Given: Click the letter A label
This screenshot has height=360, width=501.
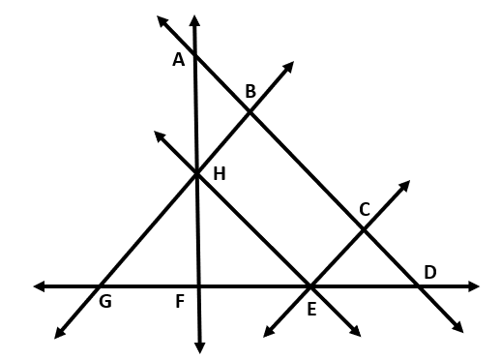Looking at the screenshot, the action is pos(179,60).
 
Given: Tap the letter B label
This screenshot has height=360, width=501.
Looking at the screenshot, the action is pos(250,91).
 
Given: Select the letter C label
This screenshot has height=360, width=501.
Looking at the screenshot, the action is pos(365,209).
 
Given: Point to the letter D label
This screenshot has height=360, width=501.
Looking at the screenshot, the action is pos(430,272).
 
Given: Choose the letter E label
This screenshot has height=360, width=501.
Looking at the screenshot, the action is pos(311,309).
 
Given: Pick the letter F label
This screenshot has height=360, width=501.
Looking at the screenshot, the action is pos(180,301).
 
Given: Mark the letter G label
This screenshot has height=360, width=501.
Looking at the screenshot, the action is pos(105,302).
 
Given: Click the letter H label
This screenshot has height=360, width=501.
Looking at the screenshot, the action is pos(220,174).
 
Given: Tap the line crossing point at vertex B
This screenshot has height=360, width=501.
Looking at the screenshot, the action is pos(250,112).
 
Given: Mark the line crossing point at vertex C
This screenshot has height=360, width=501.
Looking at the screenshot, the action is pos(364,230).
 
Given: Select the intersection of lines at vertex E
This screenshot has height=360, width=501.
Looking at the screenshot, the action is pos(310,286).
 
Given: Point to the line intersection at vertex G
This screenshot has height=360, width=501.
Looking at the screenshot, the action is pos(100,286).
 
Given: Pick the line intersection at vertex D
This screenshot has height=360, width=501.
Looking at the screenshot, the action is pos(418,286).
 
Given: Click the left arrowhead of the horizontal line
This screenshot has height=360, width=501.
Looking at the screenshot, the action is pos(39,286).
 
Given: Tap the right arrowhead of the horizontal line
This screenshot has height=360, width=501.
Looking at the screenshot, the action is pos(474,286).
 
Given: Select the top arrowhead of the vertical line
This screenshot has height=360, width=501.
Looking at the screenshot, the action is pos(194,20).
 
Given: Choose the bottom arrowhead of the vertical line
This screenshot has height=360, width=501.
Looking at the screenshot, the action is pos(200,348).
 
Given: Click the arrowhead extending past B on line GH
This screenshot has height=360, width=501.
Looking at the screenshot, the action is pos(289,66).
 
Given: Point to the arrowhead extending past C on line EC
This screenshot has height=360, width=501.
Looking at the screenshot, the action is pos(405,185).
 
